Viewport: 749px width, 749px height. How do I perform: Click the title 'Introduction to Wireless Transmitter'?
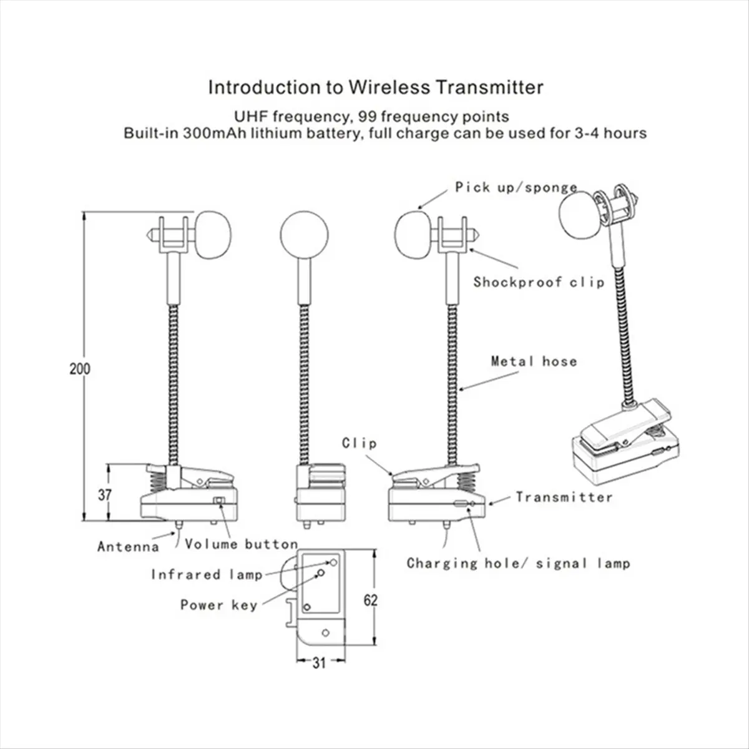pyautogui.click(x=375, y=87)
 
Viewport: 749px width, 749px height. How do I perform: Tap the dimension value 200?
pyautogui.click(x=79, y=368)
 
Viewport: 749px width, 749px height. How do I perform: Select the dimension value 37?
pyautogui.click(x=104, y=494)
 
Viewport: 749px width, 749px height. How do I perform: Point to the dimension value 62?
pyautogui.click(x=371, y=600)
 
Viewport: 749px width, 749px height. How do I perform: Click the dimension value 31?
pyautogui.click(x=319, y=663)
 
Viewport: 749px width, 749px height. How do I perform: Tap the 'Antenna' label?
pyautogui.click(x=128, y=547)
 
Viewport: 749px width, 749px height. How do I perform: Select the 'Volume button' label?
pyautogui.click(x=241, y=544)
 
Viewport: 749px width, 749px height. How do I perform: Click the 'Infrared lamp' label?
pyautogui.click(x=207, y=574)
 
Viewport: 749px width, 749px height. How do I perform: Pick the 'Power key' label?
pyautogui.click(x=218, y=605)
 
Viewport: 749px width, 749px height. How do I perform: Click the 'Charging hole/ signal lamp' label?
pyautogui.click(x=518, y=563)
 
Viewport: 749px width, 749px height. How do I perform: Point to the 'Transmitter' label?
pyautogui.click(x=564, y=497)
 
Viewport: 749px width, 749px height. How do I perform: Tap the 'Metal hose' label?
pyautogui.click(x=534, y=361)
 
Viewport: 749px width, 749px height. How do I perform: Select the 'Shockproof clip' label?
pyautogui.click(x=539, y=281)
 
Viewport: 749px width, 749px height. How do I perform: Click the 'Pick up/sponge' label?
pyautogui.click(x=516, y=187)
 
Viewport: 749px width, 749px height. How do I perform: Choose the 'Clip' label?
pyautogui.click(x=360, y=443)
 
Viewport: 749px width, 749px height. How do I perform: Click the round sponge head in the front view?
pyautogui.click(x=305, y=235)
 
